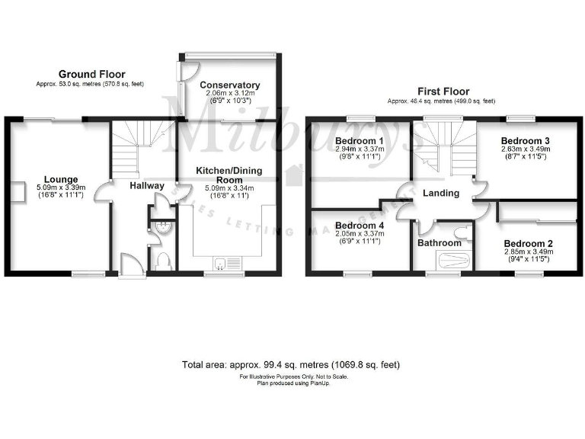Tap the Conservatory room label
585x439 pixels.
point(230,85)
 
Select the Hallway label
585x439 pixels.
point(146,185)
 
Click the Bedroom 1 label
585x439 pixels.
point(360,141)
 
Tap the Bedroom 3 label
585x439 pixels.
point(526,141)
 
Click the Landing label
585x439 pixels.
point(441,193)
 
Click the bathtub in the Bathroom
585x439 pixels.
point(442,262)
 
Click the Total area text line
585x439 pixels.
point(291,365)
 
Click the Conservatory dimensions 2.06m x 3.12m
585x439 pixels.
point(230,93)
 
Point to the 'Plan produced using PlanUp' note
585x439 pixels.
point(292,383)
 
